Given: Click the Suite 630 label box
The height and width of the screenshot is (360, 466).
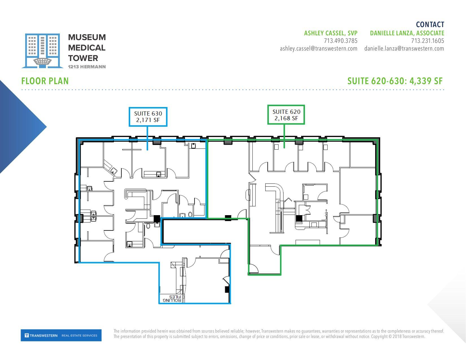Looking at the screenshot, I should click(x=148, y=117).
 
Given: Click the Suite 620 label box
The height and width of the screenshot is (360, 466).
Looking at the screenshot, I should click(x=286, y=115).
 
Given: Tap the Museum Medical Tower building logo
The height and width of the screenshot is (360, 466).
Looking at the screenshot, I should click(x=42, y=51).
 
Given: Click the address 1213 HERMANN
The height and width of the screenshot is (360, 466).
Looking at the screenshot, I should click(x=87, y=67).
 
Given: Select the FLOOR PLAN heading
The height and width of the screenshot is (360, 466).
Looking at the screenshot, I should click(x=45, y=81).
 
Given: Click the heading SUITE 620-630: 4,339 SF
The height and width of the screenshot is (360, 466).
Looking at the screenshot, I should click(x=395, y=81).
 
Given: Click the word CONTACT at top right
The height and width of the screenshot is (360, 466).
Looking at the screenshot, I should click(x=430, y=25).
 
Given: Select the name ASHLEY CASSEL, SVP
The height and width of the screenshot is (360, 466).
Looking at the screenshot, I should click(x=331, y=33).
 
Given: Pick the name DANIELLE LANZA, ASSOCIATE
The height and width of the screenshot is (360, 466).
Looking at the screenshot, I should click(x=407, y=33).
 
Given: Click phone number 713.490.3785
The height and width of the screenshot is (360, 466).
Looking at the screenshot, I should click(x=340, y=41).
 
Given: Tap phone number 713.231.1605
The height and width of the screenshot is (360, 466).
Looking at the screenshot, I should click(x=427, y=41).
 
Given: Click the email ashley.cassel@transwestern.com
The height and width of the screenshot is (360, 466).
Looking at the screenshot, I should click(x=318, y=49).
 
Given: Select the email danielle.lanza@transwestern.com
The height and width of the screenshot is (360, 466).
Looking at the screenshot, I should click(x=404, y=49).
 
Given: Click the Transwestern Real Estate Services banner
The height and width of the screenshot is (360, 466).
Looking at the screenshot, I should click(x=61, y=335).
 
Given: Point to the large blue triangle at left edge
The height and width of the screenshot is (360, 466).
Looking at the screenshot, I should click(x=17, y=127).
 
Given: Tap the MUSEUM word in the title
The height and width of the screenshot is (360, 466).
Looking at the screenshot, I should click(x=87, y=37).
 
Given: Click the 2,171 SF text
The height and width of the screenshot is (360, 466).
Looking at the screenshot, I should click(x=148, y=120).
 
